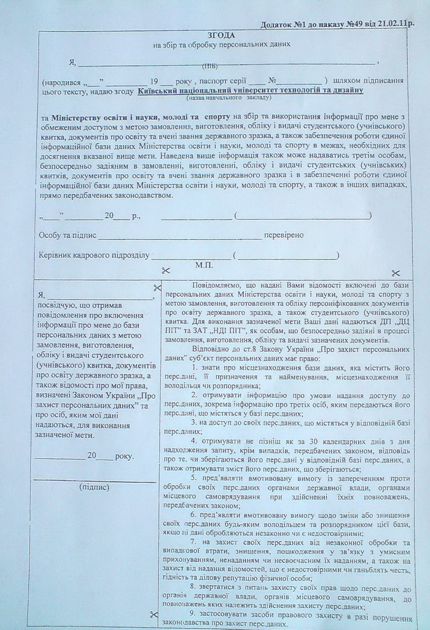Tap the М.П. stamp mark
click(204, 265)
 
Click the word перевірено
click(283, 235)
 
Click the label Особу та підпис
click(65, 235)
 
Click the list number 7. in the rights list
click(193, 541)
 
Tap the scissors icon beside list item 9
click(153, 614)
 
